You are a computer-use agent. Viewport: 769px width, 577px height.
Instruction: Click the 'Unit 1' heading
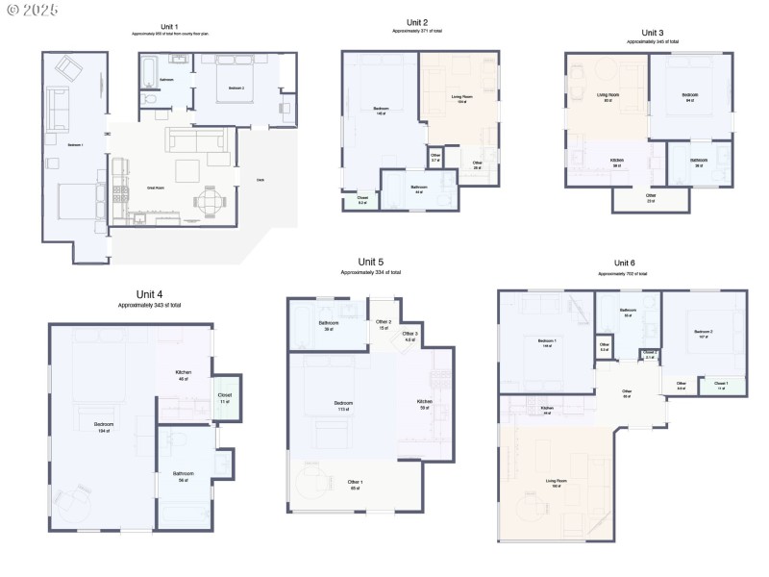tap(169, 26)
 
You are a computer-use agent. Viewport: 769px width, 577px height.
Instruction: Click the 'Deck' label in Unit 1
tap(260, 180)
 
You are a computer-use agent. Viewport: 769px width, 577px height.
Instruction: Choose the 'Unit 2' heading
tap(417, 21)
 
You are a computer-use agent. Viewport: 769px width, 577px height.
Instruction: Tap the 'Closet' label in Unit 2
tap(362, 199)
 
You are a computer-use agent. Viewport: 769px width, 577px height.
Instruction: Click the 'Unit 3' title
tap(653, 33)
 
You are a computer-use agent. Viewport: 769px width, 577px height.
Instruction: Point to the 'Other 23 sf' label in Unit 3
tap(651, 197)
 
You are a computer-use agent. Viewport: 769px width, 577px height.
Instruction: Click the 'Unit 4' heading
tap(149, 294)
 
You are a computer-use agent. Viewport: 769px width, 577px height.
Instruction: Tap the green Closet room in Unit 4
tap(225, 397)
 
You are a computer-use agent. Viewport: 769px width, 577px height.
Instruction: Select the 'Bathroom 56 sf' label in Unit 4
tap(184, 476)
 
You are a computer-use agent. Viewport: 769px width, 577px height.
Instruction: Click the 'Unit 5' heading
tap(371, 262)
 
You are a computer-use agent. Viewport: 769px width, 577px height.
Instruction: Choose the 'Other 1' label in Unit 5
tap(355, 484)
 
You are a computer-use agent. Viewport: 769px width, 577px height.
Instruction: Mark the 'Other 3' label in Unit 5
tap(410, 337)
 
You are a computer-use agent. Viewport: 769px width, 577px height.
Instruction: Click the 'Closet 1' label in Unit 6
tap(721, 386)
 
